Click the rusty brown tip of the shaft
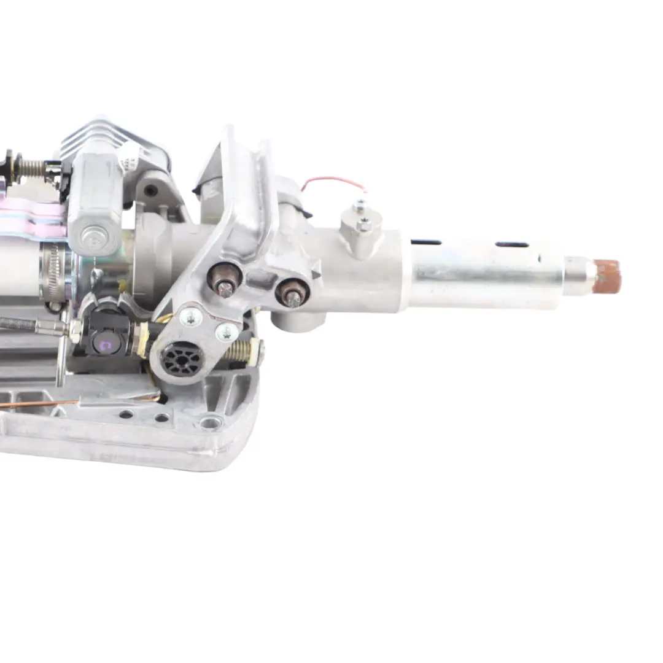point(608,276)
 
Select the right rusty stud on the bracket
point(292,293)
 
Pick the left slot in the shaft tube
point(426,242)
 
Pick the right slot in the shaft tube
point(511,244)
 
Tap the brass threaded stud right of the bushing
point(241,352)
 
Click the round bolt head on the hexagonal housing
point(94,235)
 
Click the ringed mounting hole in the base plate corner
point(210,422)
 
